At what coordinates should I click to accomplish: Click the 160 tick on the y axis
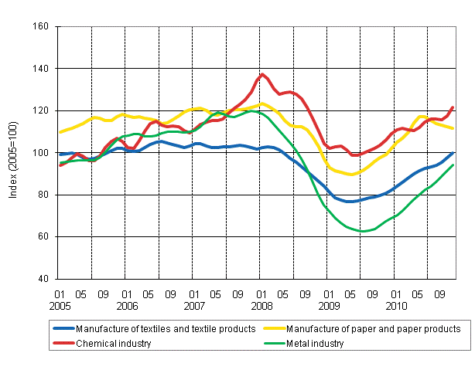pos(42,27)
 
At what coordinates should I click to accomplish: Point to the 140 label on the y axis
pos(42,69)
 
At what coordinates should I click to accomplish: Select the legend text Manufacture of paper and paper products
pos(383,328)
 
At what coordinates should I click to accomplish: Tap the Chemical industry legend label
pos(114,343)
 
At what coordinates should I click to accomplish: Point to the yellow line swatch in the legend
pos(273,328)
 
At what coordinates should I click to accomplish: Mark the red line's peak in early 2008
pos(263,74)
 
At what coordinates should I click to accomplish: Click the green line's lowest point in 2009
pos(362,231)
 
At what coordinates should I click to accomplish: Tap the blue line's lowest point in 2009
pos(350,202)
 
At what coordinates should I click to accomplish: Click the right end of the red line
pos(453,107)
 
